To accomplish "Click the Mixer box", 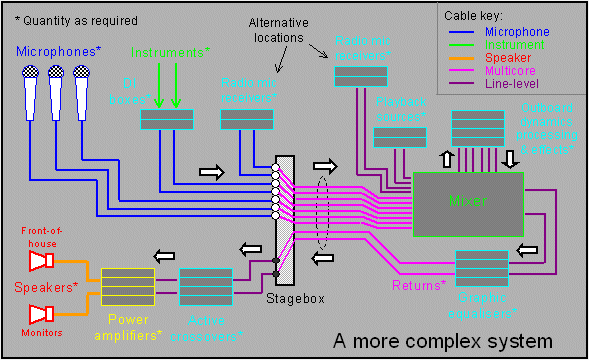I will pos(467,203).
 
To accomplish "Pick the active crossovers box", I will pos(206,286).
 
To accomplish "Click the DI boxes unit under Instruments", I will pos(166,120).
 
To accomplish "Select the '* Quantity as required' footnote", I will pos(74,19).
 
